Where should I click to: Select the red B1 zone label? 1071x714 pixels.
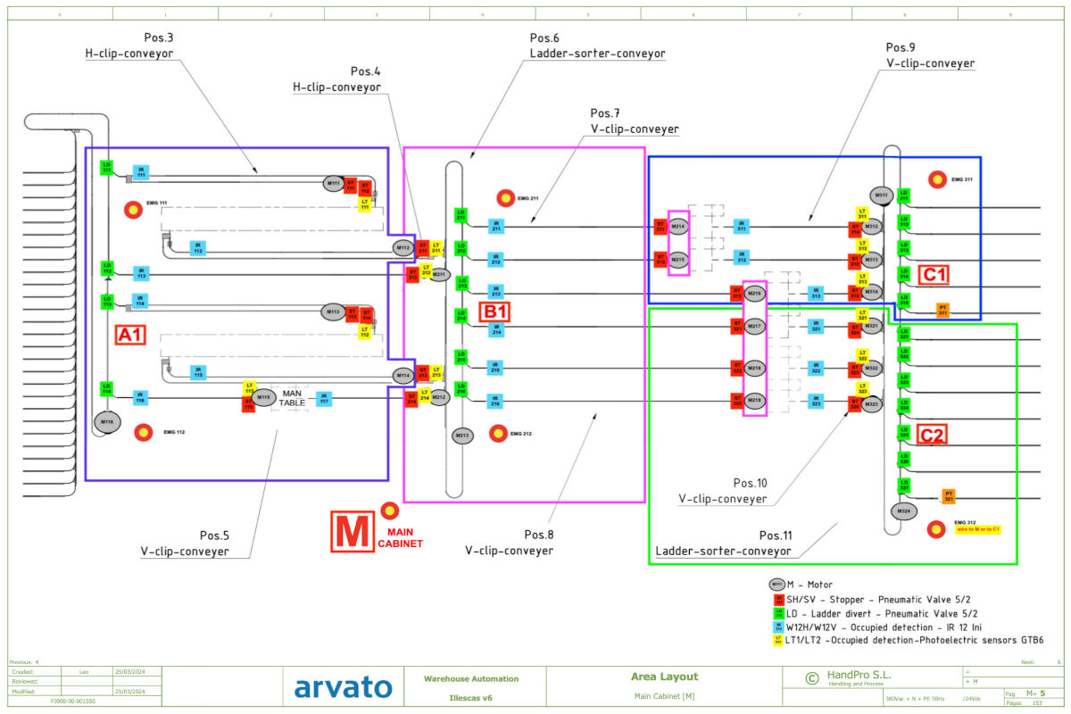pyautogui.click(x=495, y=312)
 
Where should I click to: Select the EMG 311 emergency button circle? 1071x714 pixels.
pyautogui.click(x=938, y=179)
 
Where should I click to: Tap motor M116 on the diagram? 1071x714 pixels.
pyautogui.click(x=107, y=421)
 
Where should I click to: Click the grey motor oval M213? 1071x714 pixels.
pyautogui.click(x=461, y=436)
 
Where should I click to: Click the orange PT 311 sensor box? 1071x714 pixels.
pyautogui.click(x=942, y=311)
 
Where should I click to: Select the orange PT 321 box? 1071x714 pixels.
pyautogui.click(x=950, y=495)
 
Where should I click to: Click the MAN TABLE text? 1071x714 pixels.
pyautogui.click(x=294, y=398)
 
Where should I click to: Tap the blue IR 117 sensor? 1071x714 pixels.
pyautogui.click(x=324, y=397)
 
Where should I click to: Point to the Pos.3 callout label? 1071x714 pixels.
pyautogui.click(x=159, y=37)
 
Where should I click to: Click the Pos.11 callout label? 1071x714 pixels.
pyautogui.click(x=775, y=535)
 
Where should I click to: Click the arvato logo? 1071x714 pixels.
pyautogui.click(x=344, y=687)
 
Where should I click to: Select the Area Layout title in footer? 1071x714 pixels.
pyautogui.click(x=664, y=677)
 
